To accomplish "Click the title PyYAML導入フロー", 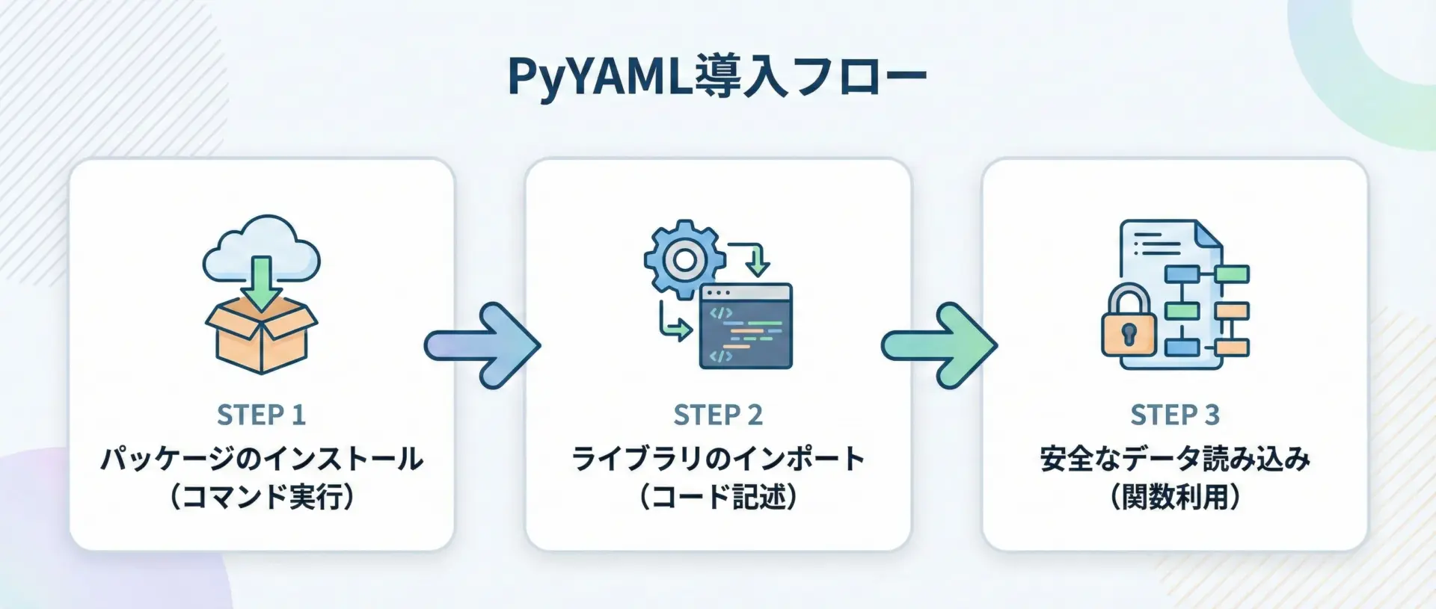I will [x=717, y=75].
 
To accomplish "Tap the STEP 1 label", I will [x=261, y=415].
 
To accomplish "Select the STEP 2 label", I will [x=718, y=415].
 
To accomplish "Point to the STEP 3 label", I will [x=1174, y=415].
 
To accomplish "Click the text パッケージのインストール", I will [x=262, y=459].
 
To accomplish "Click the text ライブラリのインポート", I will [x=718, y=459].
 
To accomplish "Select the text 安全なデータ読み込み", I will [x=1175, y=459].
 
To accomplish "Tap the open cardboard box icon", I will [x=262, y=340].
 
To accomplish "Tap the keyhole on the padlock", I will [x=1129, y=333].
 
